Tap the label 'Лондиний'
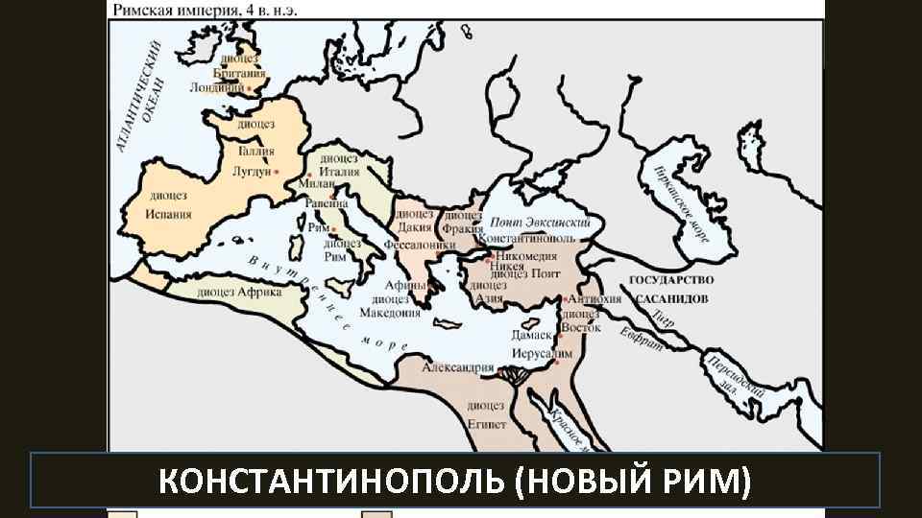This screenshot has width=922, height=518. point(217,86)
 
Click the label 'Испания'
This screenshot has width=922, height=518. point(168,214)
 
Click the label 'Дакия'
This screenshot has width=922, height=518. point(415,228)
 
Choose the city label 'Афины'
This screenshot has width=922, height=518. point(405,285)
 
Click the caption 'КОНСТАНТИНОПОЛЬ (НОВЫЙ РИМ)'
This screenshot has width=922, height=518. point(455,480)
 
